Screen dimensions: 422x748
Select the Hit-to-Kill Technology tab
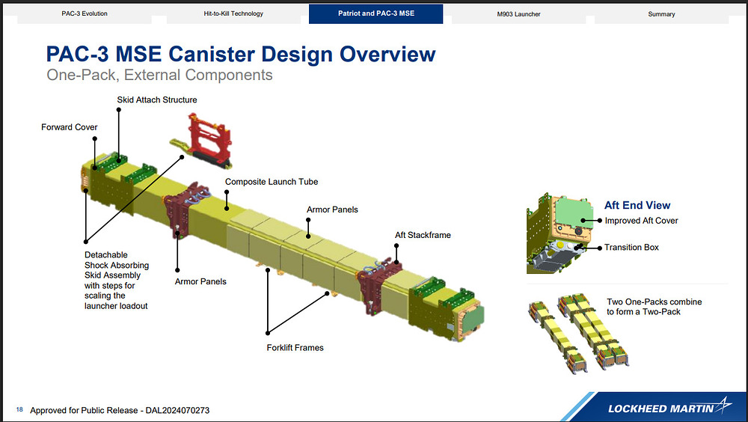click(233, 13)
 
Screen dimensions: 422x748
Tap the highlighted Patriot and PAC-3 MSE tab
click(375, 13)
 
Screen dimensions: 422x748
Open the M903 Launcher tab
click(518, 13)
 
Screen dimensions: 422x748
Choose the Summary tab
click(661, 13)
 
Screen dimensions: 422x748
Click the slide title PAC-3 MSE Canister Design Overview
click(240, 54)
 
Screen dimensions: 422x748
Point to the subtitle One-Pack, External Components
click(159, 76)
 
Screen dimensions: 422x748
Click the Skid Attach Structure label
click(157, 100)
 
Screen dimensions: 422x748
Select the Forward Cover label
click(70, 127)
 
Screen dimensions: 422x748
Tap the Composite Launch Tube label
click(272, 182)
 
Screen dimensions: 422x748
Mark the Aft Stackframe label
click(423, 235)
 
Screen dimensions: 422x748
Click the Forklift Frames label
click(295, 347)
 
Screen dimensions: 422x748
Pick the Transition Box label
click(631, 248)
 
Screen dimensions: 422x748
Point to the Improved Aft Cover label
click(642, 221)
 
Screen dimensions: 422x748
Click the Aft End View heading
click(637, 205)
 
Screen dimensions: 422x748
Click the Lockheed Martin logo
click(665, 408)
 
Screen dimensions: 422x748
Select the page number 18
click(19, 409)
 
